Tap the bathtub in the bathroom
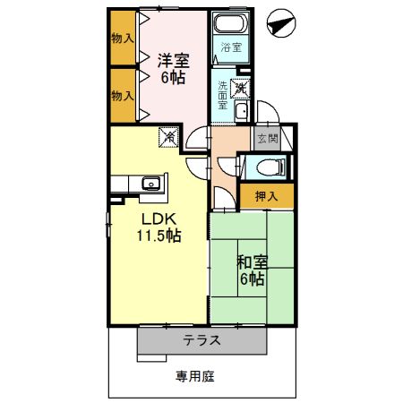click(x=231, y=25)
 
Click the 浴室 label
click(x=231, y=47)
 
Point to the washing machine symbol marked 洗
click(x=239, y=88)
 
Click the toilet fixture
click(x=270, y=166)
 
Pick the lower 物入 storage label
click(x=123, y=96)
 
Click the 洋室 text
click(x=172, y=60)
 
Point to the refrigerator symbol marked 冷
click(x=167, y=136)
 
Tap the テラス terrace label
click(x=202, y=340)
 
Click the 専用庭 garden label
click(x=194, y=376)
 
